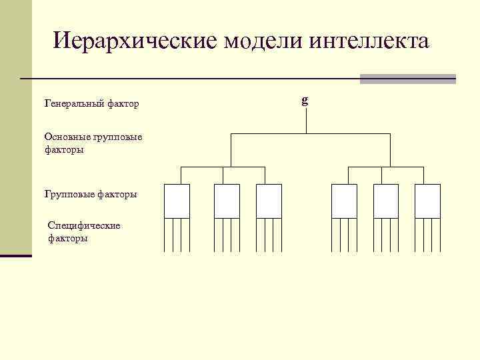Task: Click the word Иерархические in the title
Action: pyautogui.click(x=135, y=41)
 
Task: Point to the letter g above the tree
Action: pyautogui.click(x=305, y=101)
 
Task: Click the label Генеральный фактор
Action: pyautogui.click(x=91, y=104)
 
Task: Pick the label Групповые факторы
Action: pyautogui.click(x=91, y=194)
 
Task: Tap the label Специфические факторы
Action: pyautogui.click(x=84, y=231)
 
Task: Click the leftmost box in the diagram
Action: pyautogui.click(x=177, y=201)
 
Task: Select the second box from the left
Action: pyautogui.click(x=227, y=201)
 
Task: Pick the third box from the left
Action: pyautogui.click(x=269, y=201)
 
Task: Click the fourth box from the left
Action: pyautogui.click(x=345, y=201)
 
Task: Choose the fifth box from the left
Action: pyautogui.click(x=386, y=201)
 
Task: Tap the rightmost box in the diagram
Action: pyautogui.click(x=427, y=201)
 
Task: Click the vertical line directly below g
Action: pyautogui.click(x=306, y=121)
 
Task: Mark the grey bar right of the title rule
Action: pyautogui.click(x=407, y=79)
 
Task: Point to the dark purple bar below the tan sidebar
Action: pyautogui.click(x=16, y=255)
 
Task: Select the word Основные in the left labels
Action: pyautogui.click(x=65, y=137)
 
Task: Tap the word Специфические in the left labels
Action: pyautogui.click(x=84, y=225)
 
